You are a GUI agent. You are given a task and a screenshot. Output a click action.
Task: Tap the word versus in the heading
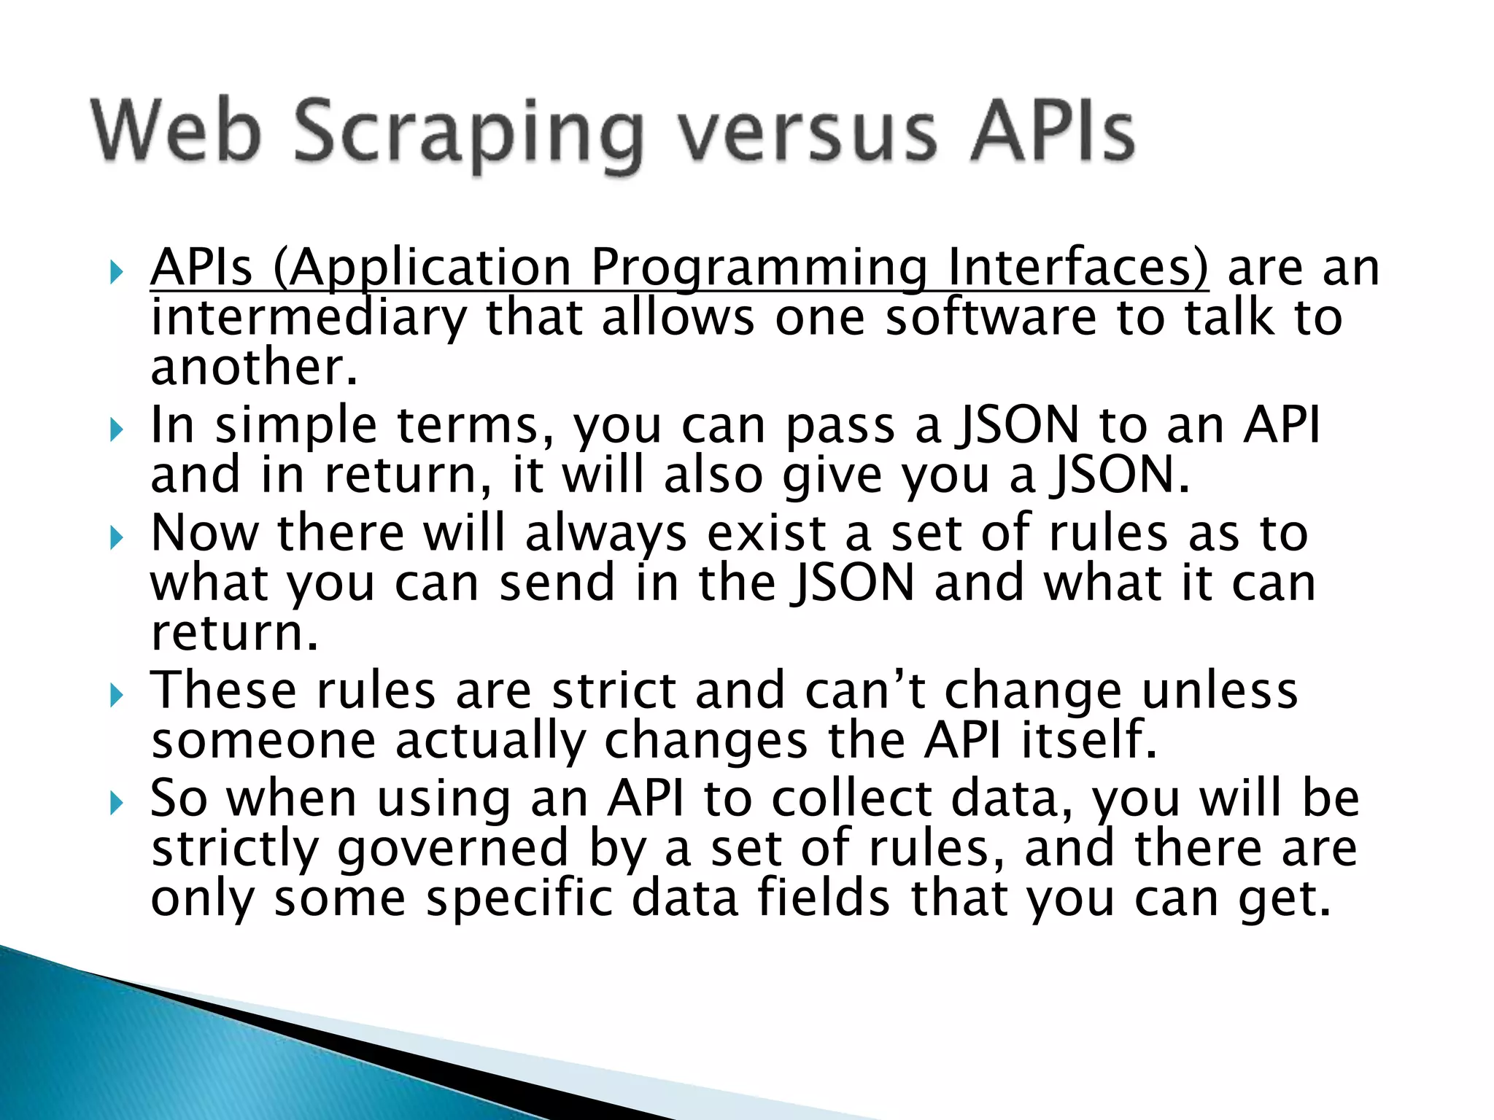805,133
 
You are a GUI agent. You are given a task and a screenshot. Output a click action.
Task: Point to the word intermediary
308,319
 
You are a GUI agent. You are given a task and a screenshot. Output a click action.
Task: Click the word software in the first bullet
990,319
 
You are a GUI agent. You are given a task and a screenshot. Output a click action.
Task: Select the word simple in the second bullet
295,427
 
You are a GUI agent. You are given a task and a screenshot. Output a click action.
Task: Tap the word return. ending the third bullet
234,633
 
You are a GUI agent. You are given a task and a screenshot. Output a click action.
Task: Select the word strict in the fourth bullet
614,691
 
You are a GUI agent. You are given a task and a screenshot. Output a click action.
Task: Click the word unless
1220,691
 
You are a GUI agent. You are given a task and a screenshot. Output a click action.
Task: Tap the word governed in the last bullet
453,849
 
